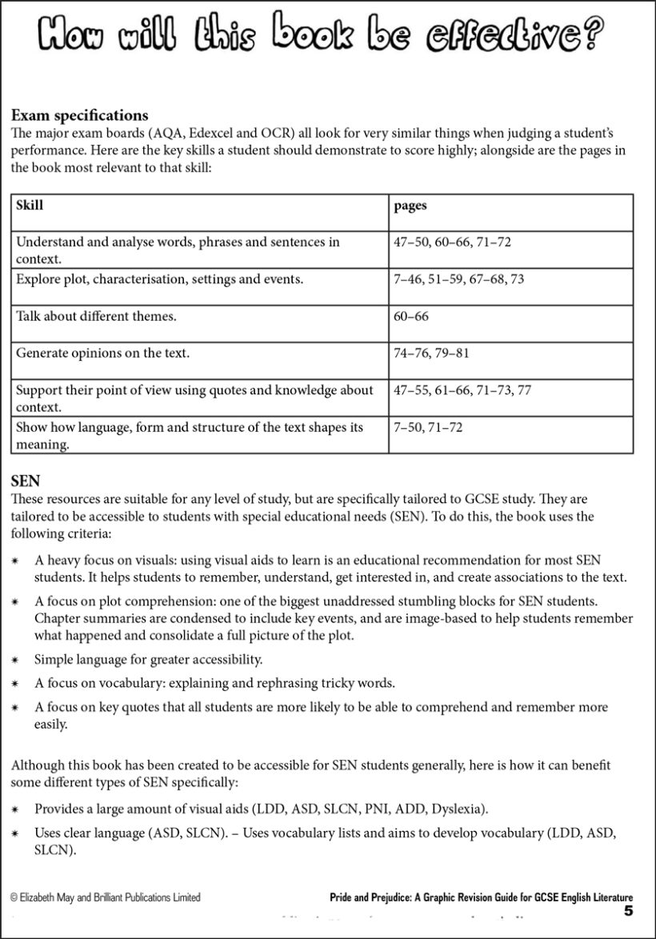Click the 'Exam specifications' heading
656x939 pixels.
pos(80,116)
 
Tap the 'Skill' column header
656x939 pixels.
pos(30,206)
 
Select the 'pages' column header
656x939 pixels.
pos(410,206)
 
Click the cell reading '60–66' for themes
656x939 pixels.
pos(411,316)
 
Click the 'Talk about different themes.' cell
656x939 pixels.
pos(96,316)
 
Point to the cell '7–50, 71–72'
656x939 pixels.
pos(428,427)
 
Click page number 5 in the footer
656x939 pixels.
pos(629,911)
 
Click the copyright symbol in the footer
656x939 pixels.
pos(14,897)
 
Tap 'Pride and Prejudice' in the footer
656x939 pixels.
pos(373,897)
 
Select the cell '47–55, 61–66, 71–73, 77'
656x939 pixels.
pos(462,390)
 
